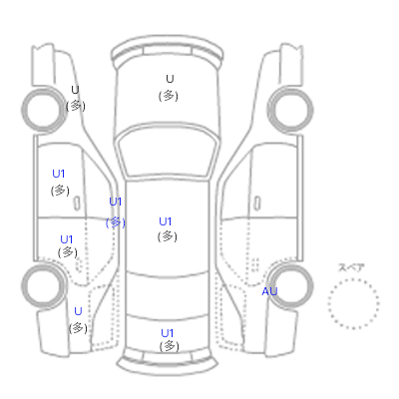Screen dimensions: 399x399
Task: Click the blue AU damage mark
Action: click(269, 291)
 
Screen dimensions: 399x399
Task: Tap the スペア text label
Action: click(351, 267)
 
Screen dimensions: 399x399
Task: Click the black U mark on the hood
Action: click(170, 79)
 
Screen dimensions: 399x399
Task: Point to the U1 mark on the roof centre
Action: click(166, 221)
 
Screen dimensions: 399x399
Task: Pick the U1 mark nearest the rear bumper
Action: click(168, 333)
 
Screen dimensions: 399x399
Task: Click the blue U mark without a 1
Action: click(78, 311)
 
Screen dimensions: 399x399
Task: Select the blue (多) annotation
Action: click(116, 222)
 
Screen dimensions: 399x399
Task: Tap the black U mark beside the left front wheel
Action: click(75, 90)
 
